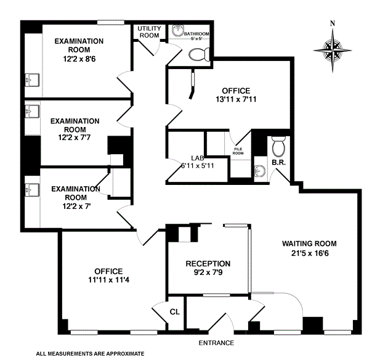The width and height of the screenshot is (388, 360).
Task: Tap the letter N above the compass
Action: click(333, 24)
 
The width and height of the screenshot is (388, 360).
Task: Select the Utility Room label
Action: click(148, 32)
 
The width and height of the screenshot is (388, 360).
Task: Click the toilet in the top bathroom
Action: click(198, 55)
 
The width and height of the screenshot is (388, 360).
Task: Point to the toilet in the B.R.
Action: click(278, 147)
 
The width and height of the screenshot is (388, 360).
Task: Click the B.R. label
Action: click(278, 163)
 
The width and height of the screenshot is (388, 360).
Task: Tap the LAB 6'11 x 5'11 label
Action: click(184, 162)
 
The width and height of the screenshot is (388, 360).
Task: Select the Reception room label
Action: click(208, 263)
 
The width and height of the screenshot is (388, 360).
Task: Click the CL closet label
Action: click(175, 313)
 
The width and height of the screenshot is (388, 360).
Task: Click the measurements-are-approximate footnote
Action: click(90, 354)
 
